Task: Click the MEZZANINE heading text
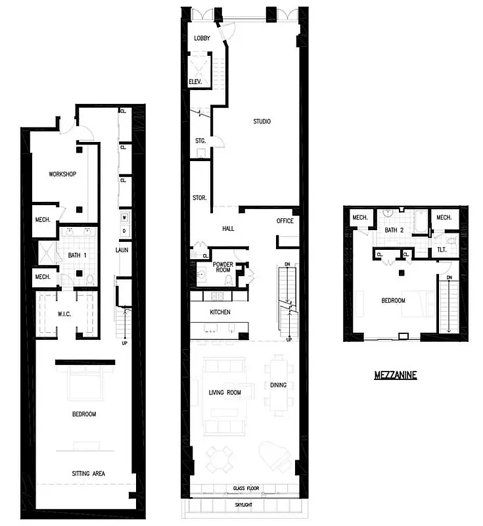pos(395,375)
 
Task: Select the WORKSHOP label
pos(63,174)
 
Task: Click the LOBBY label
pos(202,38)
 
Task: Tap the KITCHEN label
pos(219,312)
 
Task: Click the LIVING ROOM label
pos(225,393)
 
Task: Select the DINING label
pos(279,385)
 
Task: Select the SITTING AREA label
pos(88,473)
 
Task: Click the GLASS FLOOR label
pos(247,489)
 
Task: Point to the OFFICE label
pos(285,221)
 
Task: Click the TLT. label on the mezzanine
pos(441,250)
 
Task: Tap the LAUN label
pos(122,250)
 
